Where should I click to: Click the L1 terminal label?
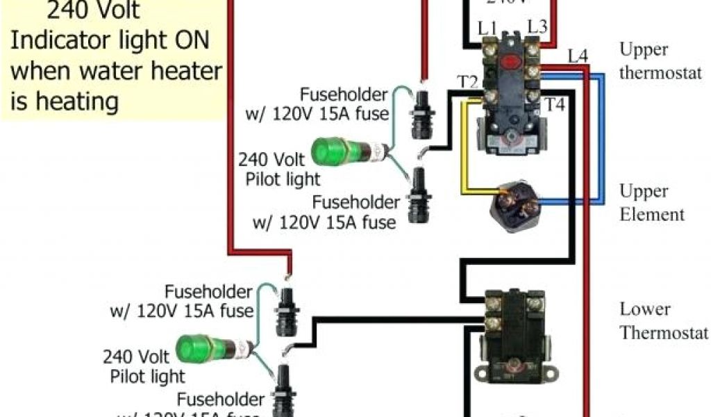pyautogui.click(x=487, y=28)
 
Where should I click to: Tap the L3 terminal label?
pyautogui.click(x=537, y=27)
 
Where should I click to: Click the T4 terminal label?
pyautogui.click(x=554, y=105)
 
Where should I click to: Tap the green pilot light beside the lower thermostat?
pyautogui.click(x=196, y=348)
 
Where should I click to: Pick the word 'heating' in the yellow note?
pyautogui.click(x=76, y=101)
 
